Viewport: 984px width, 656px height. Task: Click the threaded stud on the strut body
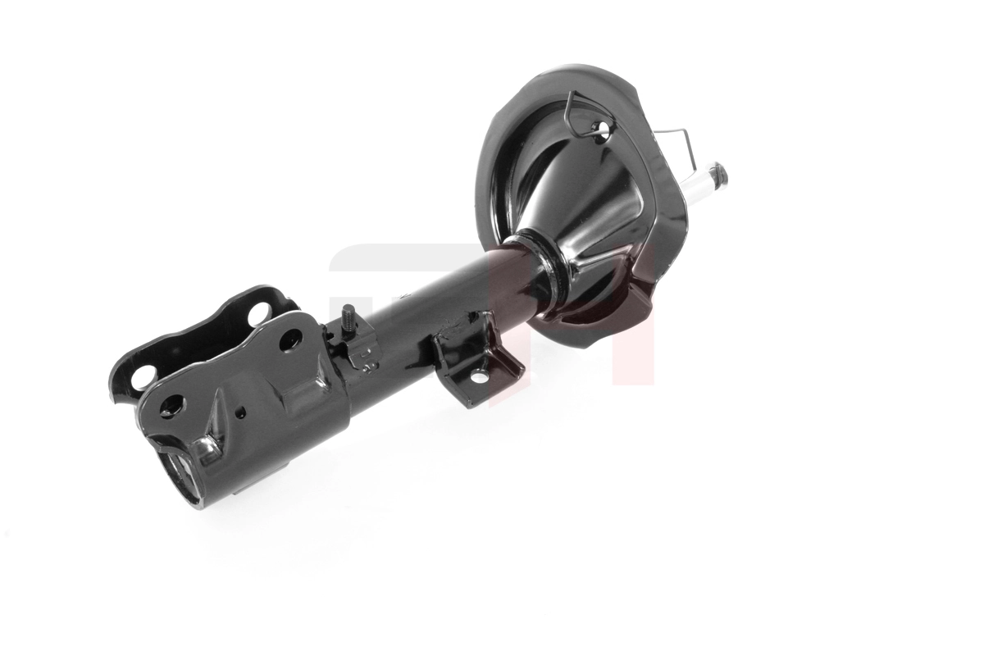tap(348, 316)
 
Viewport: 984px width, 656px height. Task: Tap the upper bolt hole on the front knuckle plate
tap(290, 340)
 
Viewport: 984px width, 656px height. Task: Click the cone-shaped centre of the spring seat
tap(574, 205)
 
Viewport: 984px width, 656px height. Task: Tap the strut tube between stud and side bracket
tap(410, 328)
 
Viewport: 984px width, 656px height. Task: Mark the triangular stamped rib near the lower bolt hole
tap(215, 418)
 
